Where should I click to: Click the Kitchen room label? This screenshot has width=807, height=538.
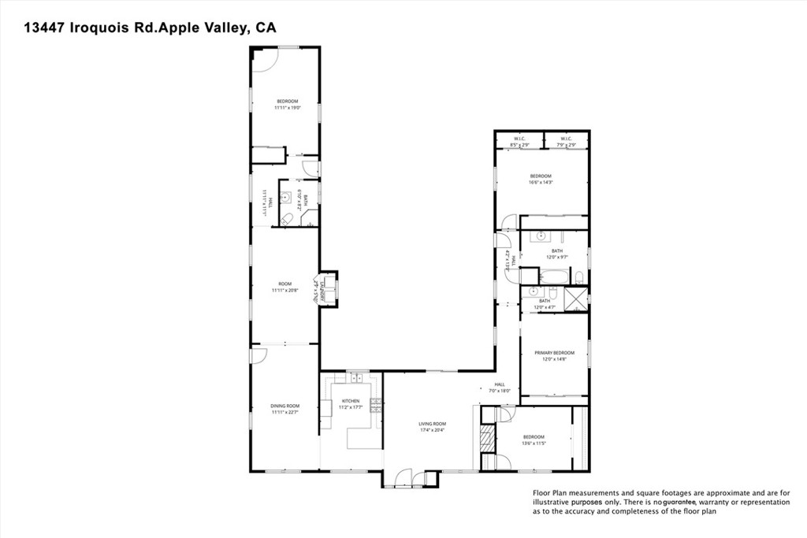[350, 401]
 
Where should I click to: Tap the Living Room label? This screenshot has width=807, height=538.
[432, 424]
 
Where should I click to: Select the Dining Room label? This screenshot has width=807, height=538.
[285, 406]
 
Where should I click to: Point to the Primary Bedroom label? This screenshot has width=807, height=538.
[554, 353]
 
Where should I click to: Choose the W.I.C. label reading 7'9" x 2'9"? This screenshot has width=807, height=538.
[567, 140]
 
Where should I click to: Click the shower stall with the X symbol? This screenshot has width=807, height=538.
[577, 298]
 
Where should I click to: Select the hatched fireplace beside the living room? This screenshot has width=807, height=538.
[489, 440]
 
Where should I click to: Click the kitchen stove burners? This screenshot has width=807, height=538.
[376, 406]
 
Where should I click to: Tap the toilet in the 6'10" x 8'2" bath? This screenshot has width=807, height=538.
[288, 219]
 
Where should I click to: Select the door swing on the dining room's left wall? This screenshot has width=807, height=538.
[258, 356]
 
